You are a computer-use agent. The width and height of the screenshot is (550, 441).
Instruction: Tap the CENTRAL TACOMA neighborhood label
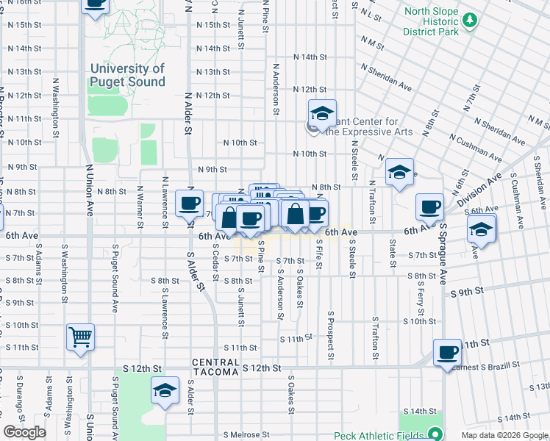(x=215, y=367)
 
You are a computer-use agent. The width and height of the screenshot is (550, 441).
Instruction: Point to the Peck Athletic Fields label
(x=378, y=435)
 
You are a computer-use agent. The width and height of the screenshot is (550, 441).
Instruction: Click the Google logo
(x=24, y=432)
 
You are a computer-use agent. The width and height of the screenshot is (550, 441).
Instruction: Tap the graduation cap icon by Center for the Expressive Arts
(x=321, y=113)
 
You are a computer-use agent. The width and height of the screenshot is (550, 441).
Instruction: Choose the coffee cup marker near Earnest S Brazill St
(x=447, y=353)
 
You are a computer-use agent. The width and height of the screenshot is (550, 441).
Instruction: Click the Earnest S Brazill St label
(x=490, y=364)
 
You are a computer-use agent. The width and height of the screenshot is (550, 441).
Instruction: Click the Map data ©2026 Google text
(x=504, y=435)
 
